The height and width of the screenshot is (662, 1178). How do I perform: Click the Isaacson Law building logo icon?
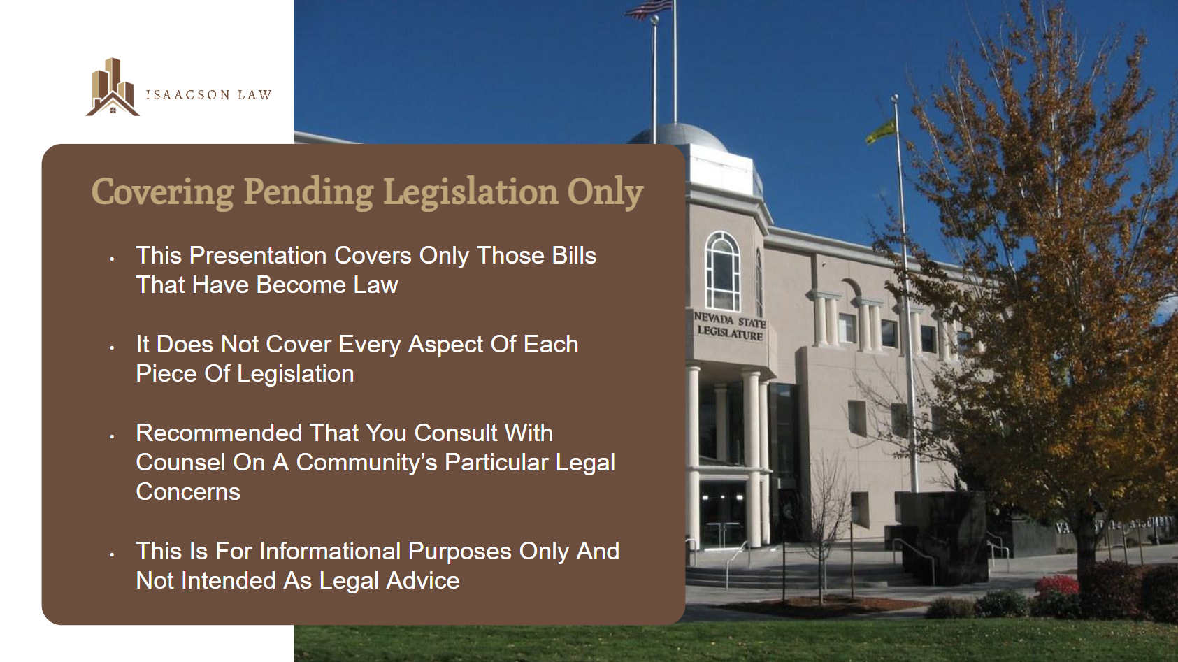pos(113,87)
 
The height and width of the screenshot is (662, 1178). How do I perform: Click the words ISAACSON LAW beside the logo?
pos(209,94)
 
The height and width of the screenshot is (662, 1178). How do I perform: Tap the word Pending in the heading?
pos(308,192)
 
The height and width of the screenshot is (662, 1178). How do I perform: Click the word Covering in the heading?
pos(162,192)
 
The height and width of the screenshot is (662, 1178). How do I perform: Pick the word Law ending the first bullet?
pos(375,285)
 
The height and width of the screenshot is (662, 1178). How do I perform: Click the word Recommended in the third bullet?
pos(219,433)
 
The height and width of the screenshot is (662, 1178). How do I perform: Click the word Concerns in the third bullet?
pos(188,492)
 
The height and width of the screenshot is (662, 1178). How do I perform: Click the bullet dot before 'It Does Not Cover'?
pos(112,347)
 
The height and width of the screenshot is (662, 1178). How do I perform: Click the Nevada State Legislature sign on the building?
pos(730,326)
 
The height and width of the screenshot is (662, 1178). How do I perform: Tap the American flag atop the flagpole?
pos(649,10)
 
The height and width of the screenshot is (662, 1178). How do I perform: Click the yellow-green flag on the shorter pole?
pos(880,132)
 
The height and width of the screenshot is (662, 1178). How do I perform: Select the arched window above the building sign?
pos(722,271)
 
